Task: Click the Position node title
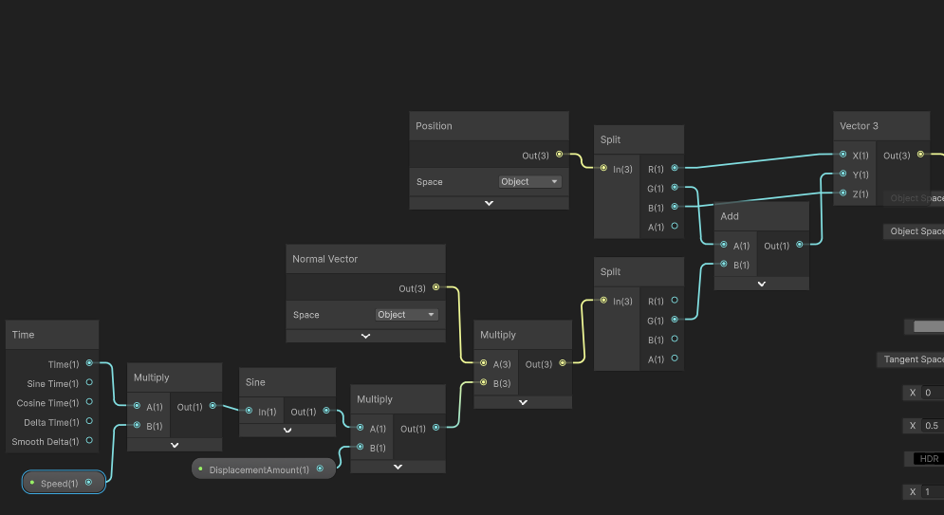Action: [x=434, y=126]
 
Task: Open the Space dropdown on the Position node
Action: [x=529, y=181]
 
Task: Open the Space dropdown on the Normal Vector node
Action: [x=406, y=315]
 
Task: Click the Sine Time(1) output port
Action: [x=89, y=383]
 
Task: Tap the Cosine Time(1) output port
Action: [x=89, y=402]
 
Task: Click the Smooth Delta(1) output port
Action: [x=89, y=441]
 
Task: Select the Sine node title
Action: [x=255, y=382]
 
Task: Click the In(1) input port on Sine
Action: [x=249, y=411]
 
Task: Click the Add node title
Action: [x=730, y=216]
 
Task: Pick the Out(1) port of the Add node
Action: [x=799, y=245]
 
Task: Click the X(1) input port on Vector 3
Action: [x=842, y=155]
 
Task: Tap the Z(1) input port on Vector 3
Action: [x=842, y=193]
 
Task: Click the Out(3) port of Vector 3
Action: [x=918, y=155]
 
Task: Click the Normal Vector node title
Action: [x=324, y=259]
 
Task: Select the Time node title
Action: [x=23, y=335]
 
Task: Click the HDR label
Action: [x=929, y=459]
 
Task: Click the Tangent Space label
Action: [x=913, y=359]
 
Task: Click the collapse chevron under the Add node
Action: [x=761, y=283]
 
